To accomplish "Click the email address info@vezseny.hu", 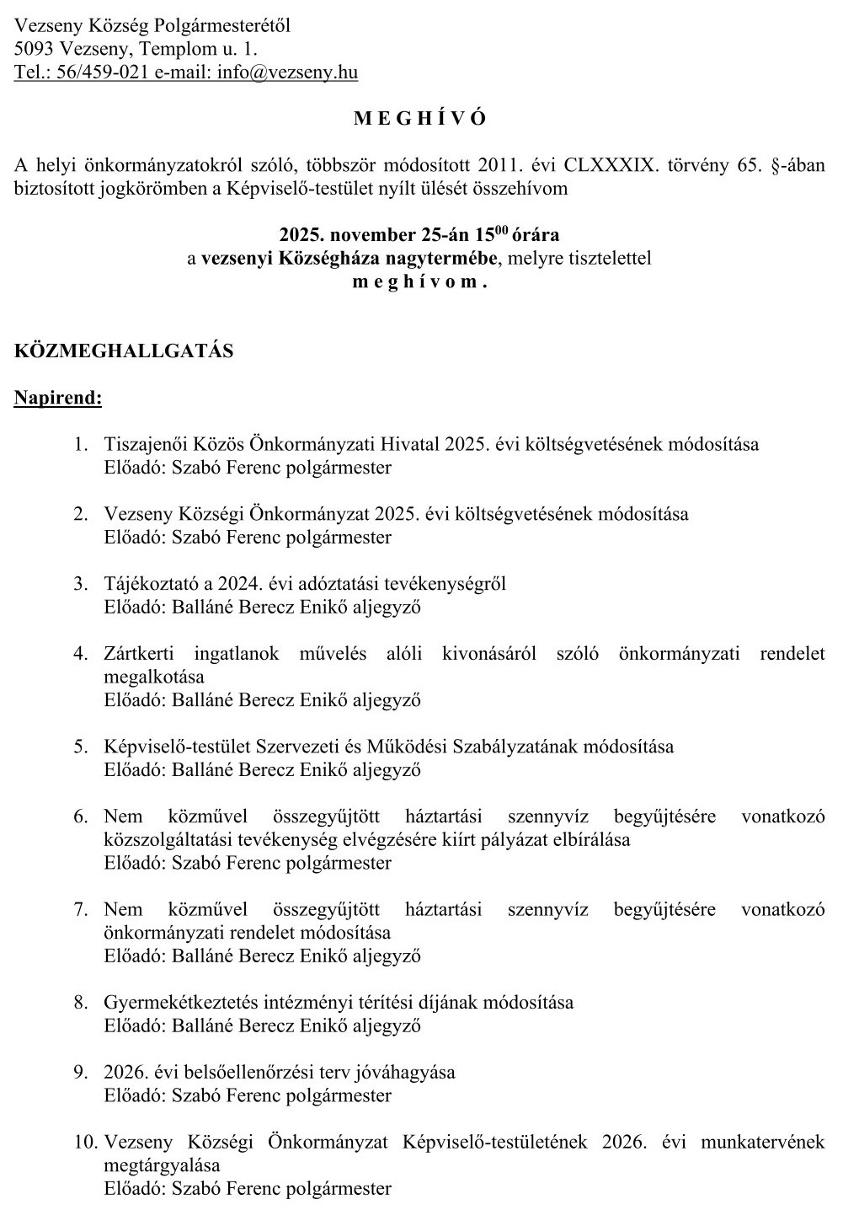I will [x=287, y=72].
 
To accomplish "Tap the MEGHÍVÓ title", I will [x=420, y=119].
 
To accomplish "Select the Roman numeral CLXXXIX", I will [x=611, y=165].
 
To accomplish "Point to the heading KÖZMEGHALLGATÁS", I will [x=124, y=351].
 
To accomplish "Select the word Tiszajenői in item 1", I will [x=149, y=443].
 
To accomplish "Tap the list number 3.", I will [x=80, y=583].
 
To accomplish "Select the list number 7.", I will [x=80, y=909].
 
